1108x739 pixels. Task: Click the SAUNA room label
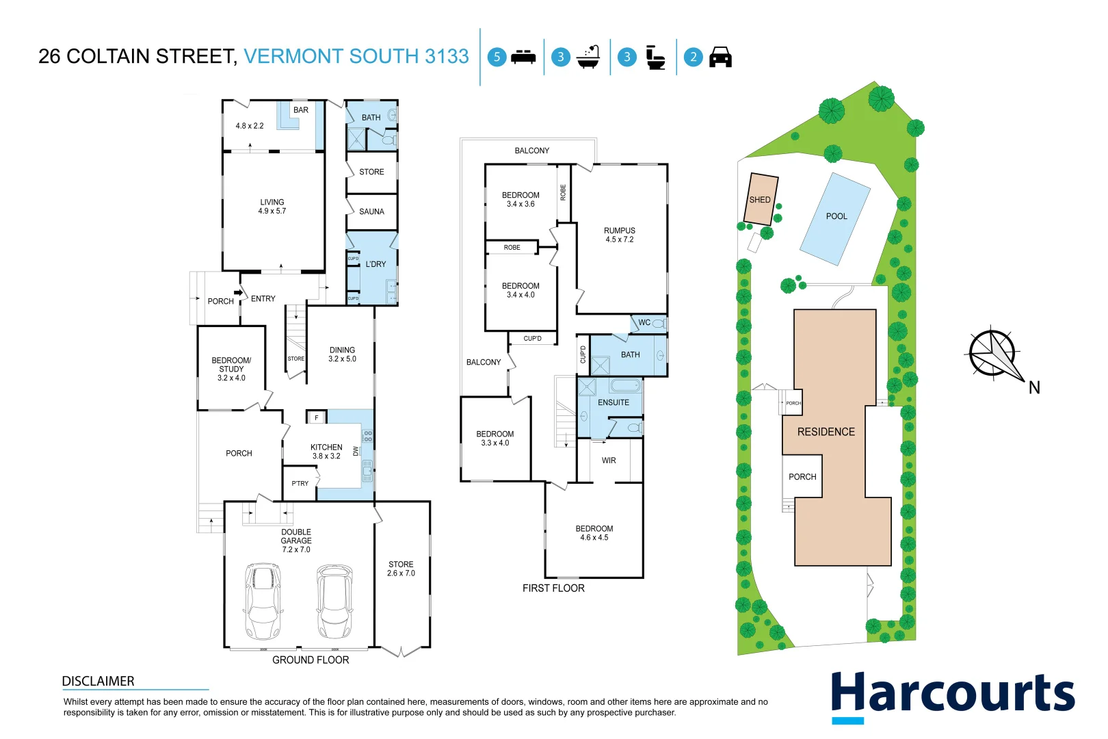click(371, 211)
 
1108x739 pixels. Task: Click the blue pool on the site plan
click(834, 218)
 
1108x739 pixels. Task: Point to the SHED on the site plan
click(761, 199)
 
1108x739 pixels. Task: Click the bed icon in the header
click(524, 57)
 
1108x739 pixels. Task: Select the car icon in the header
click(720, 57)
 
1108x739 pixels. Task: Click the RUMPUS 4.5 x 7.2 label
click(619, 235)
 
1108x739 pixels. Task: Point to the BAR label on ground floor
click(301, 109)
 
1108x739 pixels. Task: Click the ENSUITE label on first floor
click(613, 402)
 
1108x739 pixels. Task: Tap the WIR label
click(609, 461)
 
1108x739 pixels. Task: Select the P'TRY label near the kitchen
click(300, 483)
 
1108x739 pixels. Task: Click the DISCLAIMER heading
click(98, 681)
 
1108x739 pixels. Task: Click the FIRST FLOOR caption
click(553, 588)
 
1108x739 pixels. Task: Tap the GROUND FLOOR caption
click(311, 660)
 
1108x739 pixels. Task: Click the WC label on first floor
click(644, 322)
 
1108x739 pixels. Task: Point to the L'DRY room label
click(375, 264)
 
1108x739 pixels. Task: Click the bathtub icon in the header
click(588, 57)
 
